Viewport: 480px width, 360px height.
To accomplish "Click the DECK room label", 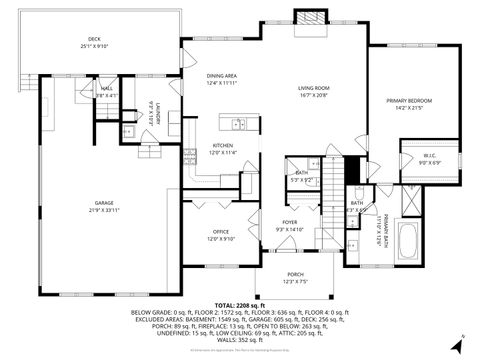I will coord(97,39).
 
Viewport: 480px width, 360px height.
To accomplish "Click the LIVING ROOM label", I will coord(314,89).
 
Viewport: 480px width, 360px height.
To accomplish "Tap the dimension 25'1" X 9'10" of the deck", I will coord(97,46).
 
